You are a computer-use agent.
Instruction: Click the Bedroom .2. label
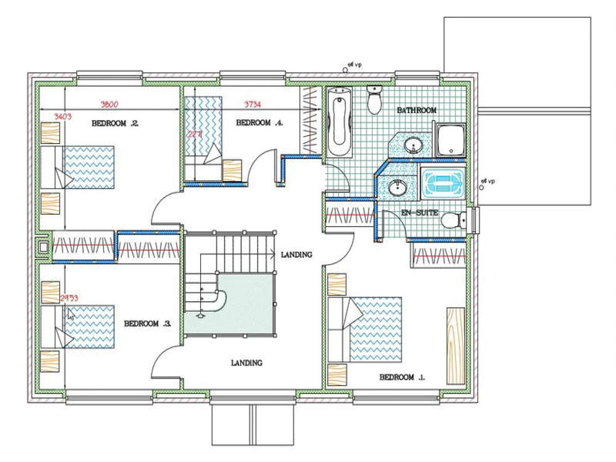pos(115,123)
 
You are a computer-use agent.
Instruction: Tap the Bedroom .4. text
pos(259,123)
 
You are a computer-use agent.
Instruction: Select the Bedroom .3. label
pos(147,323)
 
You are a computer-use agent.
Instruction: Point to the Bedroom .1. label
pos(402,377)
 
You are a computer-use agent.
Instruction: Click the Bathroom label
pos(416,110)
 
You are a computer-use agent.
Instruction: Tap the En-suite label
pos(420,213)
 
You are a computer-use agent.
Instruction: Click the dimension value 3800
pos(109,104)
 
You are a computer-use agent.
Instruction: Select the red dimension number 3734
pos(252,104)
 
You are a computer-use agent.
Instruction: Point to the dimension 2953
pos(69,298)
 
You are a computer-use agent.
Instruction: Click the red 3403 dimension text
pos(63,116)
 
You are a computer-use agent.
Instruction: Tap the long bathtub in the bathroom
pos(339,122)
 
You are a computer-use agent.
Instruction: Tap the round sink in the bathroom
pos(413,146)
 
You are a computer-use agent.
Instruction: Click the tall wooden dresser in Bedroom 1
pos(456,346)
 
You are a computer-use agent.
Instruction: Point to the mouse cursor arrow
pos(71,314)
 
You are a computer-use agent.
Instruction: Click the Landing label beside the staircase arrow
pos(296,255)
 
